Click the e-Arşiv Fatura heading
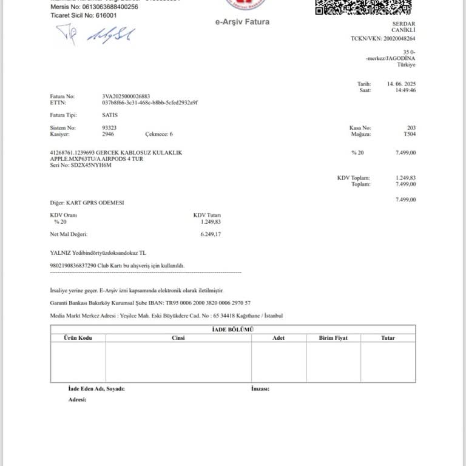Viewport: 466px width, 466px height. pos(242,22)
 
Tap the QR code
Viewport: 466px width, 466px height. pos(363,6)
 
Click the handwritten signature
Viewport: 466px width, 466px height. pos(95,35)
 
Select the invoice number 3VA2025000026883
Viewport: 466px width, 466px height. pos(126,96)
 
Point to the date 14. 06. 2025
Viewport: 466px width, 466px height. pos(401,83)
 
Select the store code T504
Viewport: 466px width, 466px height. pos(410,134)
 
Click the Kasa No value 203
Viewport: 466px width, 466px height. pos(411,128)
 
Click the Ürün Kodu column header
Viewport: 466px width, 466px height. pos(78,338)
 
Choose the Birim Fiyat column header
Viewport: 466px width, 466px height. pos(333,338)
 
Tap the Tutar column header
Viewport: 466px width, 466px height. pos(388,338)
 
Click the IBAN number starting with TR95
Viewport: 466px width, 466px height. pos(203,302)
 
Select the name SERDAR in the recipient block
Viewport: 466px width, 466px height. pos(405,24)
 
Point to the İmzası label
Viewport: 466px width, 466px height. pos(260,388)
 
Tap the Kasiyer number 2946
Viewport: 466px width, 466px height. pos(109,134)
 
